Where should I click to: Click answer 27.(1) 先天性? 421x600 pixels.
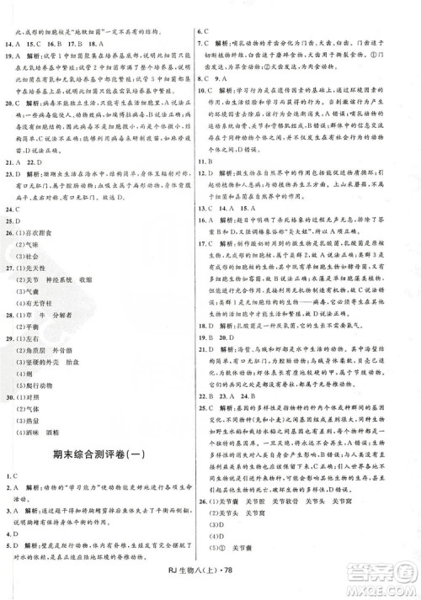pyautogui.click(x=39, y=265)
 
